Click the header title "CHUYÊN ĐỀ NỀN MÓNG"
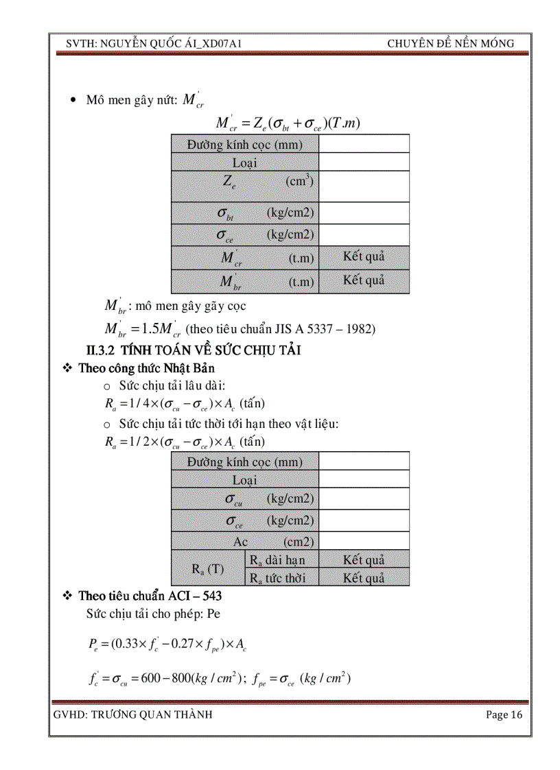[x=450, y=43]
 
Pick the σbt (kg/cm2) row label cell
[x=245, y=213]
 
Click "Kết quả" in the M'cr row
[x=364, y=257]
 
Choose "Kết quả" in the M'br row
[x=364, y=280]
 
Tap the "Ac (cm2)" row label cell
[x=245, y=542]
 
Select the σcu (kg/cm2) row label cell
[x=245, y=498]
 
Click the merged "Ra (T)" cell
[x=207, y=568]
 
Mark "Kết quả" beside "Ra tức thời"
[x=364, y=578]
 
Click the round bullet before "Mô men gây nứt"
[x=74, y=101]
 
